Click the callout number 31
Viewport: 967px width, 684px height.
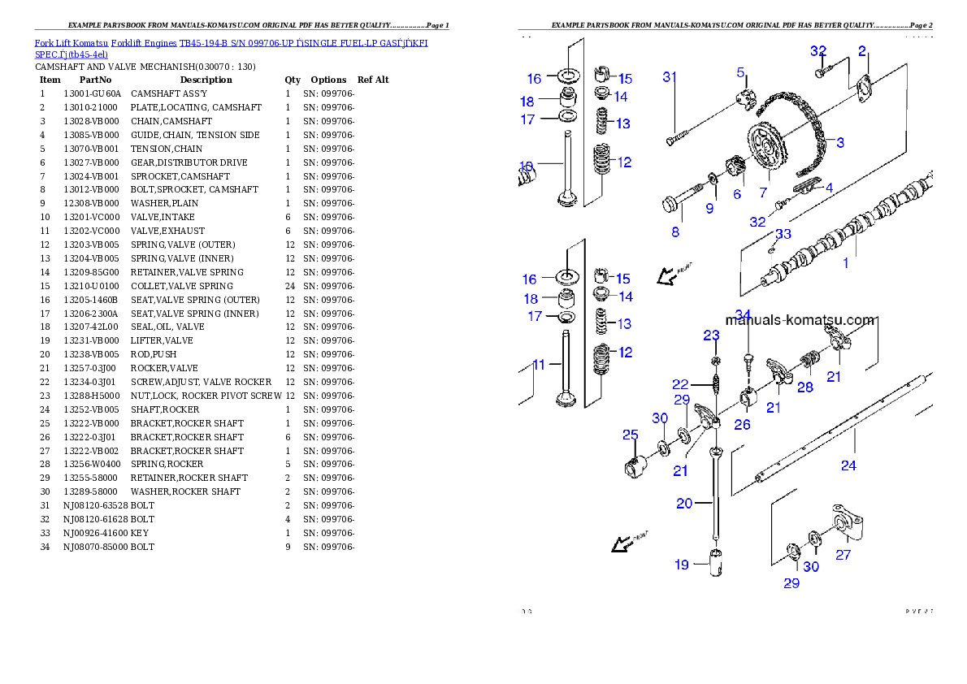[670, 77]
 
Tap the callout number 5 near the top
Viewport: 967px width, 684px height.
[741, 72]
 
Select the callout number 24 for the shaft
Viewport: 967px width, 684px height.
[848, 465]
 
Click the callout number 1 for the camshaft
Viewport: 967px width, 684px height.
[845, 263]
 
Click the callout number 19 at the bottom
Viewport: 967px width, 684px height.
[681, 564]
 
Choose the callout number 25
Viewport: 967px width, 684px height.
[630, 435]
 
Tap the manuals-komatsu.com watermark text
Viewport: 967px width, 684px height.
[800, 320]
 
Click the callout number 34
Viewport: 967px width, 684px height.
[743, 314]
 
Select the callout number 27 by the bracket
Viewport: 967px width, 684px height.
[843, 555]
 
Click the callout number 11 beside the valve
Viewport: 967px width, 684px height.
[540, 365]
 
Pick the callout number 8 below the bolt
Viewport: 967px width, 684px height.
[674, 232]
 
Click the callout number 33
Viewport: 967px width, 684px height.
[783, 234]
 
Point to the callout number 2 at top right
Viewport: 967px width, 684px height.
[862, 51]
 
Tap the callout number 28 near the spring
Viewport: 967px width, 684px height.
[804, 387]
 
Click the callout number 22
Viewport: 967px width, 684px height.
[679, 384]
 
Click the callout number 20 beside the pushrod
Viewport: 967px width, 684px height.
[684, 503]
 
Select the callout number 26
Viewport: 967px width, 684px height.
[742, 424]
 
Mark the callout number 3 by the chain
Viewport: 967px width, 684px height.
[839, 143]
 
